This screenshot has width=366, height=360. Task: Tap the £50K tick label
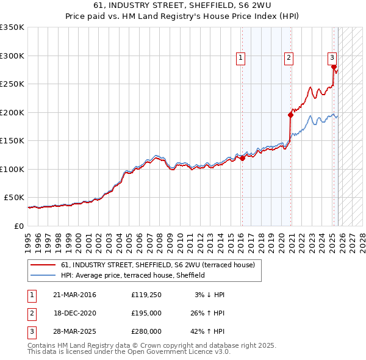14,198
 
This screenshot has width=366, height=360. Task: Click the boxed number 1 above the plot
241,58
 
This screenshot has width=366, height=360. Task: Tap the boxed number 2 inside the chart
289,58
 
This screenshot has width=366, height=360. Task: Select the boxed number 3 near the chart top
332,58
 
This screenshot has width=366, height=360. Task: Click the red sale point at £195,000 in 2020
290,114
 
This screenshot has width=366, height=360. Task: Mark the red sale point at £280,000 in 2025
334,67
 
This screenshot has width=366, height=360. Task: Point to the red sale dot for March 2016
242,158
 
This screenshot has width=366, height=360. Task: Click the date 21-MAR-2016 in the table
74,295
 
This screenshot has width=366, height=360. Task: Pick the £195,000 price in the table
146,313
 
